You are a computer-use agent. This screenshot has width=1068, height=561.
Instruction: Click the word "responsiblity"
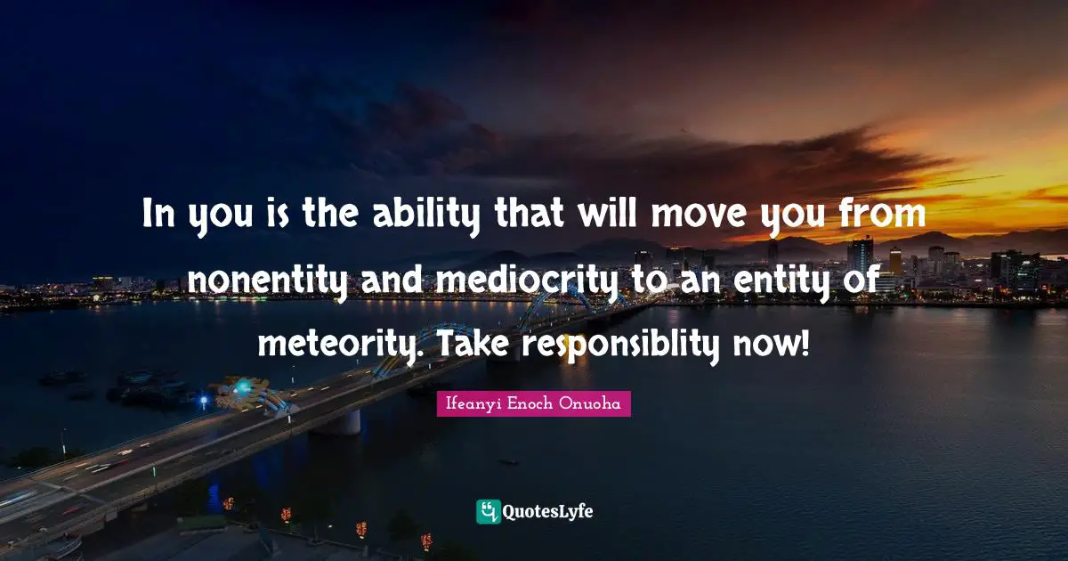pos(617,342)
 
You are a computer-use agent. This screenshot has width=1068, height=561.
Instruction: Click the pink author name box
pos(533,403)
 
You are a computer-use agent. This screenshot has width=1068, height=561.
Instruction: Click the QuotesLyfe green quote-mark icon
pos(489,511)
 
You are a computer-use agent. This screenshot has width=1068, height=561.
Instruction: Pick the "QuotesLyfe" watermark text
pos(548,512)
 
